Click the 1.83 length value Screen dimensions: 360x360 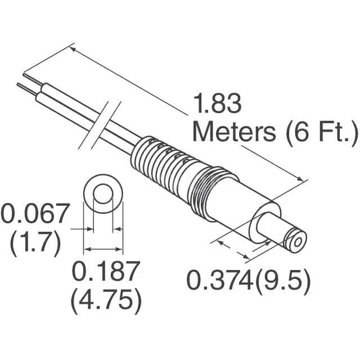pyautogui.click(x=217, y=105)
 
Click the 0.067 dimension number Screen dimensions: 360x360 pyautogui.click(x=35, y=215)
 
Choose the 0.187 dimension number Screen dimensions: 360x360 pyautogui.click(x=105, y=273)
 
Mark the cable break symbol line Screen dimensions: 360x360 pyautogui.click(x=105, y=121)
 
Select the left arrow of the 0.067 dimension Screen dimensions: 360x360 pyautogui.click(x=88, y=229)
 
